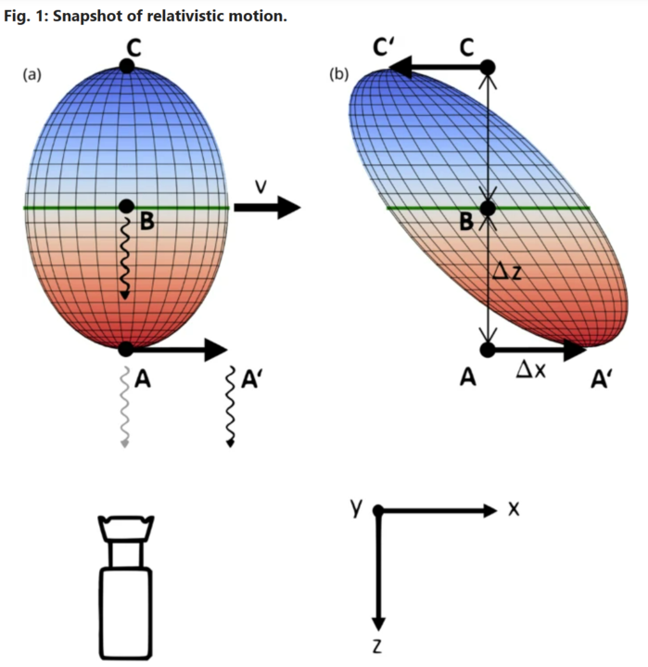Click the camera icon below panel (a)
pyautogui.click(x=126, y=586)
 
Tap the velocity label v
pyautogui.click(x=261, y=186)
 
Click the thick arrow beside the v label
pyautogui.click(x=267, y=207)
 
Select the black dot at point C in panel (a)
pyautogui.click(x=127, y=66)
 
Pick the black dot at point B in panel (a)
pyautogui.click(x=126, y=206)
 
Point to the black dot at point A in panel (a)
pyautogui.click(x=126, y=349)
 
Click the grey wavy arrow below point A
pyautogui.click(x=124, y=406)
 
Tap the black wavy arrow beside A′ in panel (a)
pyautogui.click(x=230, y=406)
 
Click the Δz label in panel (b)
pyautogui.click(x=507, y=271)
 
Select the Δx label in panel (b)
pyautogui.click(x=530, y=369)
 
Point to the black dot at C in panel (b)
pyautogui.click(x=488, y=67)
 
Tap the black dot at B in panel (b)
pyautogui.click(x=488, y=209)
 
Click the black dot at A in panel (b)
pyautogui.click(x=488, y=350)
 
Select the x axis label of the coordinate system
pyautogui.click(x=514, y=508)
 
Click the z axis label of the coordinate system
pyautogui.click(x=377, y=647)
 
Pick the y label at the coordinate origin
pyautogui.click(x=356, y=507)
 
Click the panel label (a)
pyautogui.click(x=32, y=75)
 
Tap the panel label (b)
pyautogui.click(x=339, y=74)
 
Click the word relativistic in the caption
pyautogui.click(x=185, y=16)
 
